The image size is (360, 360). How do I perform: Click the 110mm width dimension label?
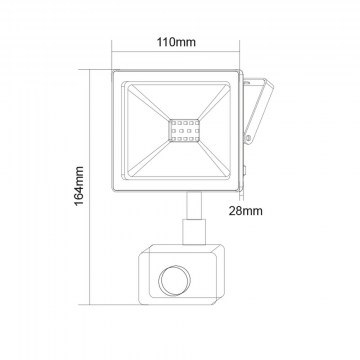[176, 42]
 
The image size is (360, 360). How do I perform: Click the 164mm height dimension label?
[79, 186]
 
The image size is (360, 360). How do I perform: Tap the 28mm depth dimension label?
[245, 211]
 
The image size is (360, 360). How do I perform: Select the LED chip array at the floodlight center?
[184, 130]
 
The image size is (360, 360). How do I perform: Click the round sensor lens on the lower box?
[174, 280]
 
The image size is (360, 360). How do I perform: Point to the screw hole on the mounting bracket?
[248, 137]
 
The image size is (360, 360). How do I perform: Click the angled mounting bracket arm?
[258, 111]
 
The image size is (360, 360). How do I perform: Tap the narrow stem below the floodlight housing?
[194, 205]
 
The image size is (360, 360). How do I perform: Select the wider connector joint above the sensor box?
[194, 232]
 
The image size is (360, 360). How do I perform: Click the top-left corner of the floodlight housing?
[112, 70]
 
